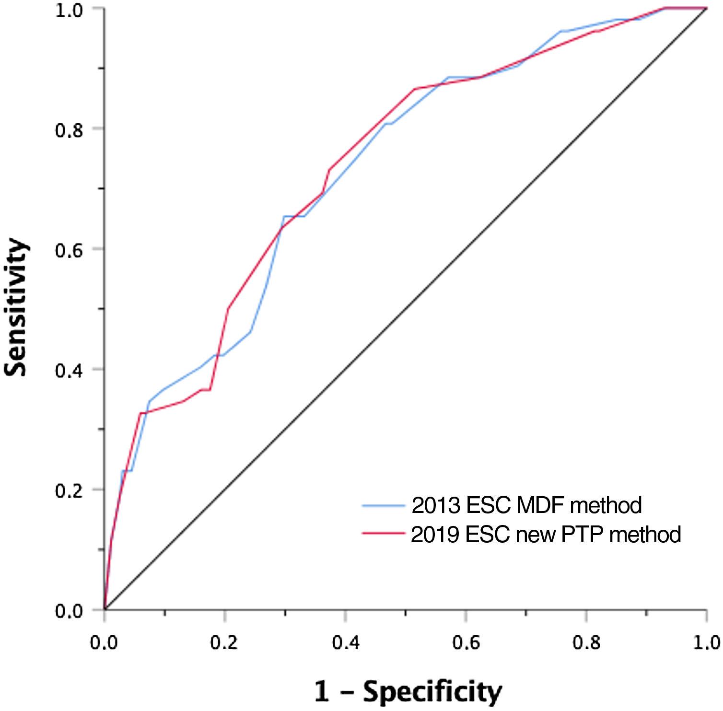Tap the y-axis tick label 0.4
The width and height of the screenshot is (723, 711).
[69, 371]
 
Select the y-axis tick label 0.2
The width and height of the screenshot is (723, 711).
[69, 491]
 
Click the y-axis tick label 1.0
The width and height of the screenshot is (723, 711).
[69, 10]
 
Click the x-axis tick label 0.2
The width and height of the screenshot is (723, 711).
[225, 641]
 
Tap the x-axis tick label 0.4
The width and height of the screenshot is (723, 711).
[345, 641]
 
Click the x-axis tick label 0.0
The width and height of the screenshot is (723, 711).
[105, 641]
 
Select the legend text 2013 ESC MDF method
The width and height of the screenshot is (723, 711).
[526, 505]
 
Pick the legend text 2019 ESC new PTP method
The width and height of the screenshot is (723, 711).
[546, 534]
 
